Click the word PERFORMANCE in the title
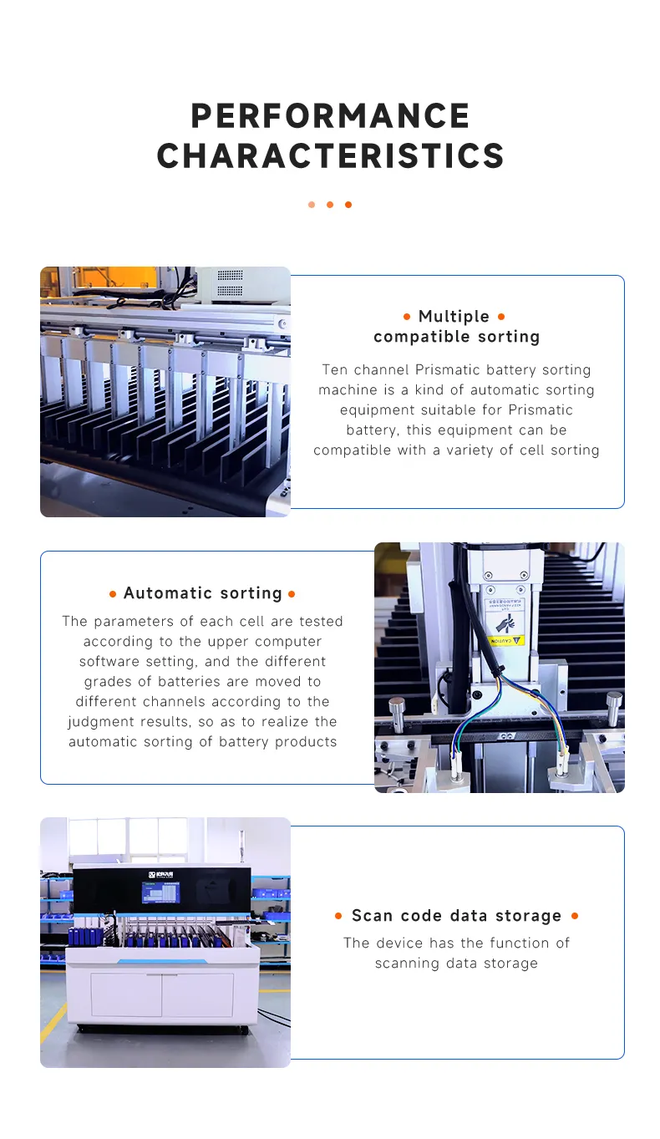330,115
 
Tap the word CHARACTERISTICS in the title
330,156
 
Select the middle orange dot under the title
330,205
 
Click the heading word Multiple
454,317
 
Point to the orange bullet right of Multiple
501,317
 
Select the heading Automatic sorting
202,593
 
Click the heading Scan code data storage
456,916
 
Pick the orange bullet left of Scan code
338,916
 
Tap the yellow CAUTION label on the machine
506,640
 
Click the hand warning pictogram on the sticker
506,623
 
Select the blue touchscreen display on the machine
160,892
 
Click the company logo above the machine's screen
160,874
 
